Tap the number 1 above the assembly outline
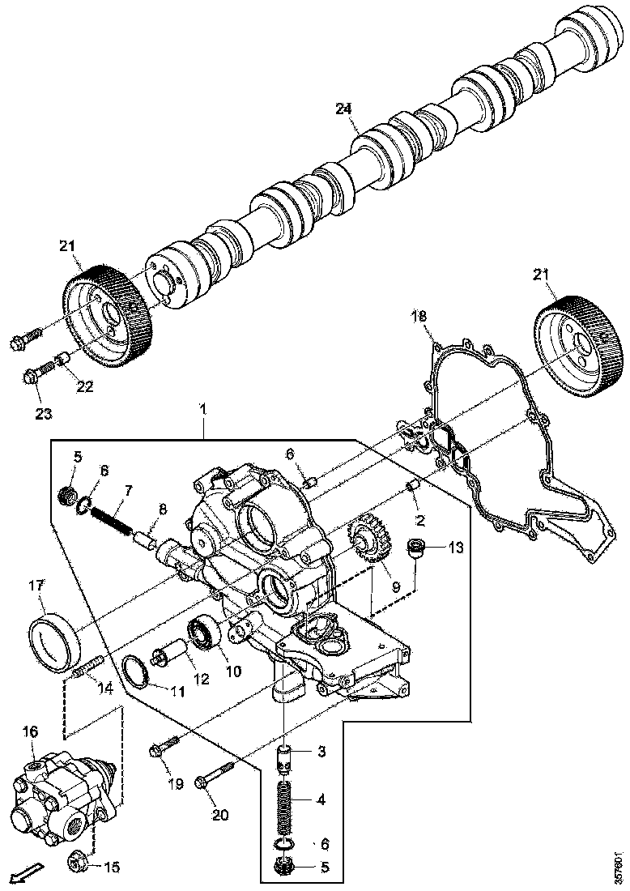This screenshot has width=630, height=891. [x=203, y=410]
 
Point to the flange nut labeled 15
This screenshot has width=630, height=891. [x=77, y=864]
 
